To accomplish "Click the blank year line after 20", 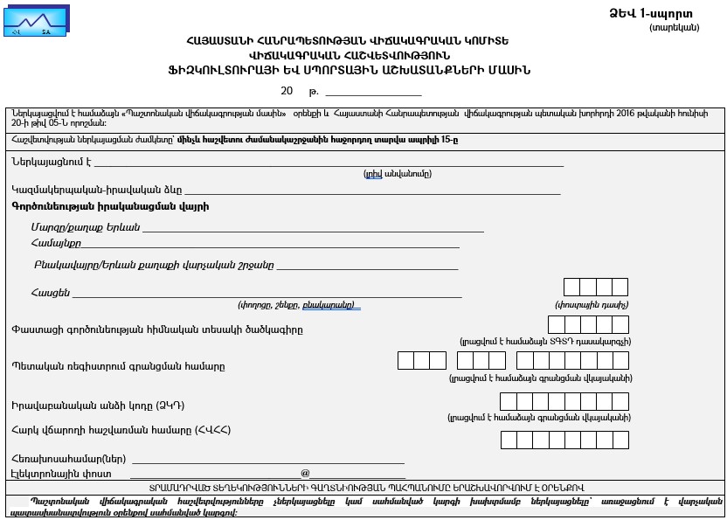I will pyautogui.click(x=372, y=92).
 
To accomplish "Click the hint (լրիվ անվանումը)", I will pyautogui.click(x=398, y=174).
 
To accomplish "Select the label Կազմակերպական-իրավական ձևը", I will pyautogui.click(x=96, y=190).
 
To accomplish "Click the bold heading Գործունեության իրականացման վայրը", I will pyautogui.click(x=110, y=207).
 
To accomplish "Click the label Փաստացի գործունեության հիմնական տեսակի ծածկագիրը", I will pyautogui.click(x=157, y=329).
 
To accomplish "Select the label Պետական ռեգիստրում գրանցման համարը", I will pyautogui.click(x=118, y=366).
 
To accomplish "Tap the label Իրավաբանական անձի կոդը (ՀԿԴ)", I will pyautogui.click(x=98, y=406).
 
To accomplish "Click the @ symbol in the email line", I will pyautogui.click(x=305, y=473).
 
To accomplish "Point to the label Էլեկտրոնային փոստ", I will pyautogui.click(x=61, y=473).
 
